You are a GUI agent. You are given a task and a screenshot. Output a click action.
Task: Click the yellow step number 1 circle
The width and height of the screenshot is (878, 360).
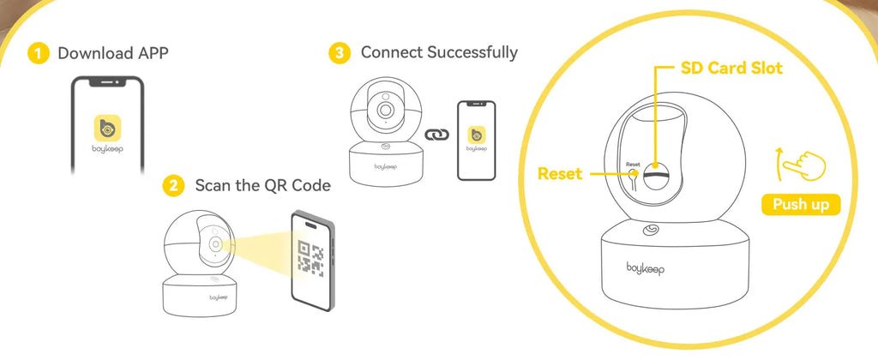point(38,53)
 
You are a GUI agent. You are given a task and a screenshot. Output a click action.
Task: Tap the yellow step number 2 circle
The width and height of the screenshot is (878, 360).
point(174,185)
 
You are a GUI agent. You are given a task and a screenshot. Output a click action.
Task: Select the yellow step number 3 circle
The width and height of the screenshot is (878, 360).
point(340,53)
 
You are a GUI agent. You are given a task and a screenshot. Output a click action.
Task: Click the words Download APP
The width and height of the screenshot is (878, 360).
point(113,53)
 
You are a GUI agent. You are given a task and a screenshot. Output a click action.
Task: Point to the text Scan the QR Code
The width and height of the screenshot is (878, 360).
point(262,185)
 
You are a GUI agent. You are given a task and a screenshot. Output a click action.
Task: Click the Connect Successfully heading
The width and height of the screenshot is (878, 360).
point(439,52)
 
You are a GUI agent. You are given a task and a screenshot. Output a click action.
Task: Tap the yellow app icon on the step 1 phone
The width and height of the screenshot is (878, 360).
point(106,129)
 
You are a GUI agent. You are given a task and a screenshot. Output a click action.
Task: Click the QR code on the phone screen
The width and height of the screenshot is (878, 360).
point(310,257)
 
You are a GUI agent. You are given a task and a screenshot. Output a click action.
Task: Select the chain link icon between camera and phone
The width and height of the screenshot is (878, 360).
point(437,135)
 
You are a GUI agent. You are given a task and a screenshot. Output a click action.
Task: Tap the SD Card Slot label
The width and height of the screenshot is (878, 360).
point(731,68)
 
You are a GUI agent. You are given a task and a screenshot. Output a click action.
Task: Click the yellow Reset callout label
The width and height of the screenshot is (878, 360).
point(560,174)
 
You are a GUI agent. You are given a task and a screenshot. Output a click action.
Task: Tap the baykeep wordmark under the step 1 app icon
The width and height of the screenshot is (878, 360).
point(106,155)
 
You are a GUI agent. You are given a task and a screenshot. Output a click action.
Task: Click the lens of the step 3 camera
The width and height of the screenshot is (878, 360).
point(385,111)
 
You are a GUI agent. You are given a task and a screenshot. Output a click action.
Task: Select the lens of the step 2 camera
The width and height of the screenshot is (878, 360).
point(213,246)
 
